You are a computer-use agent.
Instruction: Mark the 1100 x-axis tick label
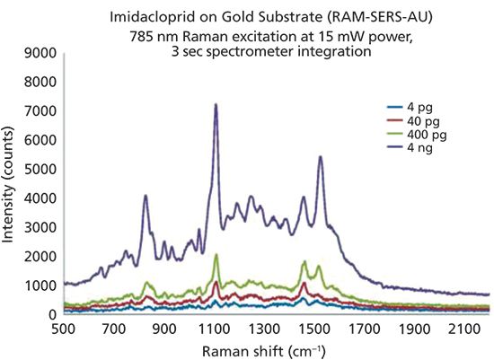tap(215, 329)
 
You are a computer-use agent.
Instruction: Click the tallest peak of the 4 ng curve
tap(216, 104)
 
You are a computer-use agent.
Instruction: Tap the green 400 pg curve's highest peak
tap(216, 255)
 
